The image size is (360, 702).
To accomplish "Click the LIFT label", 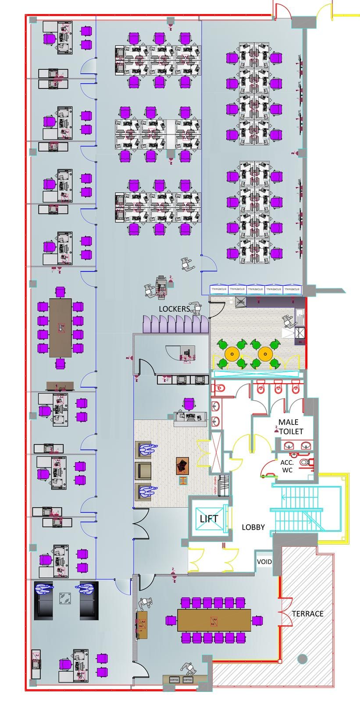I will point(209,519).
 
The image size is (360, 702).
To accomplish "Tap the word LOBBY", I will point(253,527).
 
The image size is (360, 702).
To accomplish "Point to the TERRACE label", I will point(308,613).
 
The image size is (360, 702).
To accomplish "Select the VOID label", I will point(264,562).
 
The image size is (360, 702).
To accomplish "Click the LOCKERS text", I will point(174,309).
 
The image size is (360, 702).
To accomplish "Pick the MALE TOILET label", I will point(289,427).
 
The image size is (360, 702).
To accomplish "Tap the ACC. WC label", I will point(287,466).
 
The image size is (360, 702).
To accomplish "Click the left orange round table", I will point(231,353).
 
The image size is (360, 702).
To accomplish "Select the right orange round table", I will point(265,353).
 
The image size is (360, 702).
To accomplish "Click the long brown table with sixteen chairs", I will point(214,620).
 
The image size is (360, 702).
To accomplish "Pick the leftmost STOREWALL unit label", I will point(218,289).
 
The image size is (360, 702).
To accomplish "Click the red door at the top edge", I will point(281,10).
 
